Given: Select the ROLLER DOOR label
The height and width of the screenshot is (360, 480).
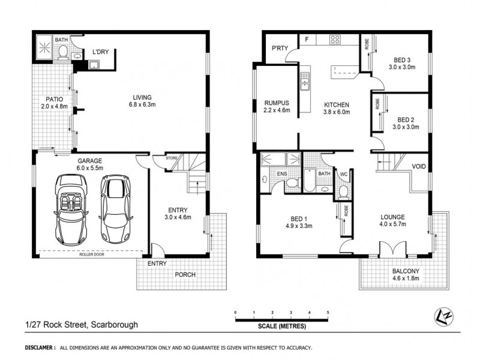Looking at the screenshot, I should pyautogui.click(x=91, y=254).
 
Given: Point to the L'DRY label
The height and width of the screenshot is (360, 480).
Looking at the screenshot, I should pyautogui.click(x=100, y=52).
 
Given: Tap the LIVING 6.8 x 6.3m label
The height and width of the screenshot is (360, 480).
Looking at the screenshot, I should pyautogui.click(x=142, y=101).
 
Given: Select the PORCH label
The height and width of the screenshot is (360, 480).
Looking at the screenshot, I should pyautogui.click(x=185, y=275).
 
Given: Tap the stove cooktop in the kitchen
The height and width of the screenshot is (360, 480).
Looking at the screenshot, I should pyautogui.click(x=335, y=41).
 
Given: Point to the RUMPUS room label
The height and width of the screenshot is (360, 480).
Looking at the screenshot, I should pyautogui.click(x=277, y=106).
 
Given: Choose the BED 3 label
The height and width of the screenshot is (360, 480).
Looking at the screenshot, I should pyautogui.click(x=403, y=62).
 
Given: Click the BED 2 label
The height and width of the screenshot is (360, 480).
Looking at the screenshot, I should pyautogui.click(x=406, y=123).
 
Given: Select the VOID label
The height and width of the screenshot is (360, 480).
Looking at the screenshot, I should pyautogui.click(x=419, y=167).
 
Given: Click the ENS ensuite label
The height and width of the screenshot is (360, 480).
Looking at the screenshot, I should pyautogui.click(x=281, y=175).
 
